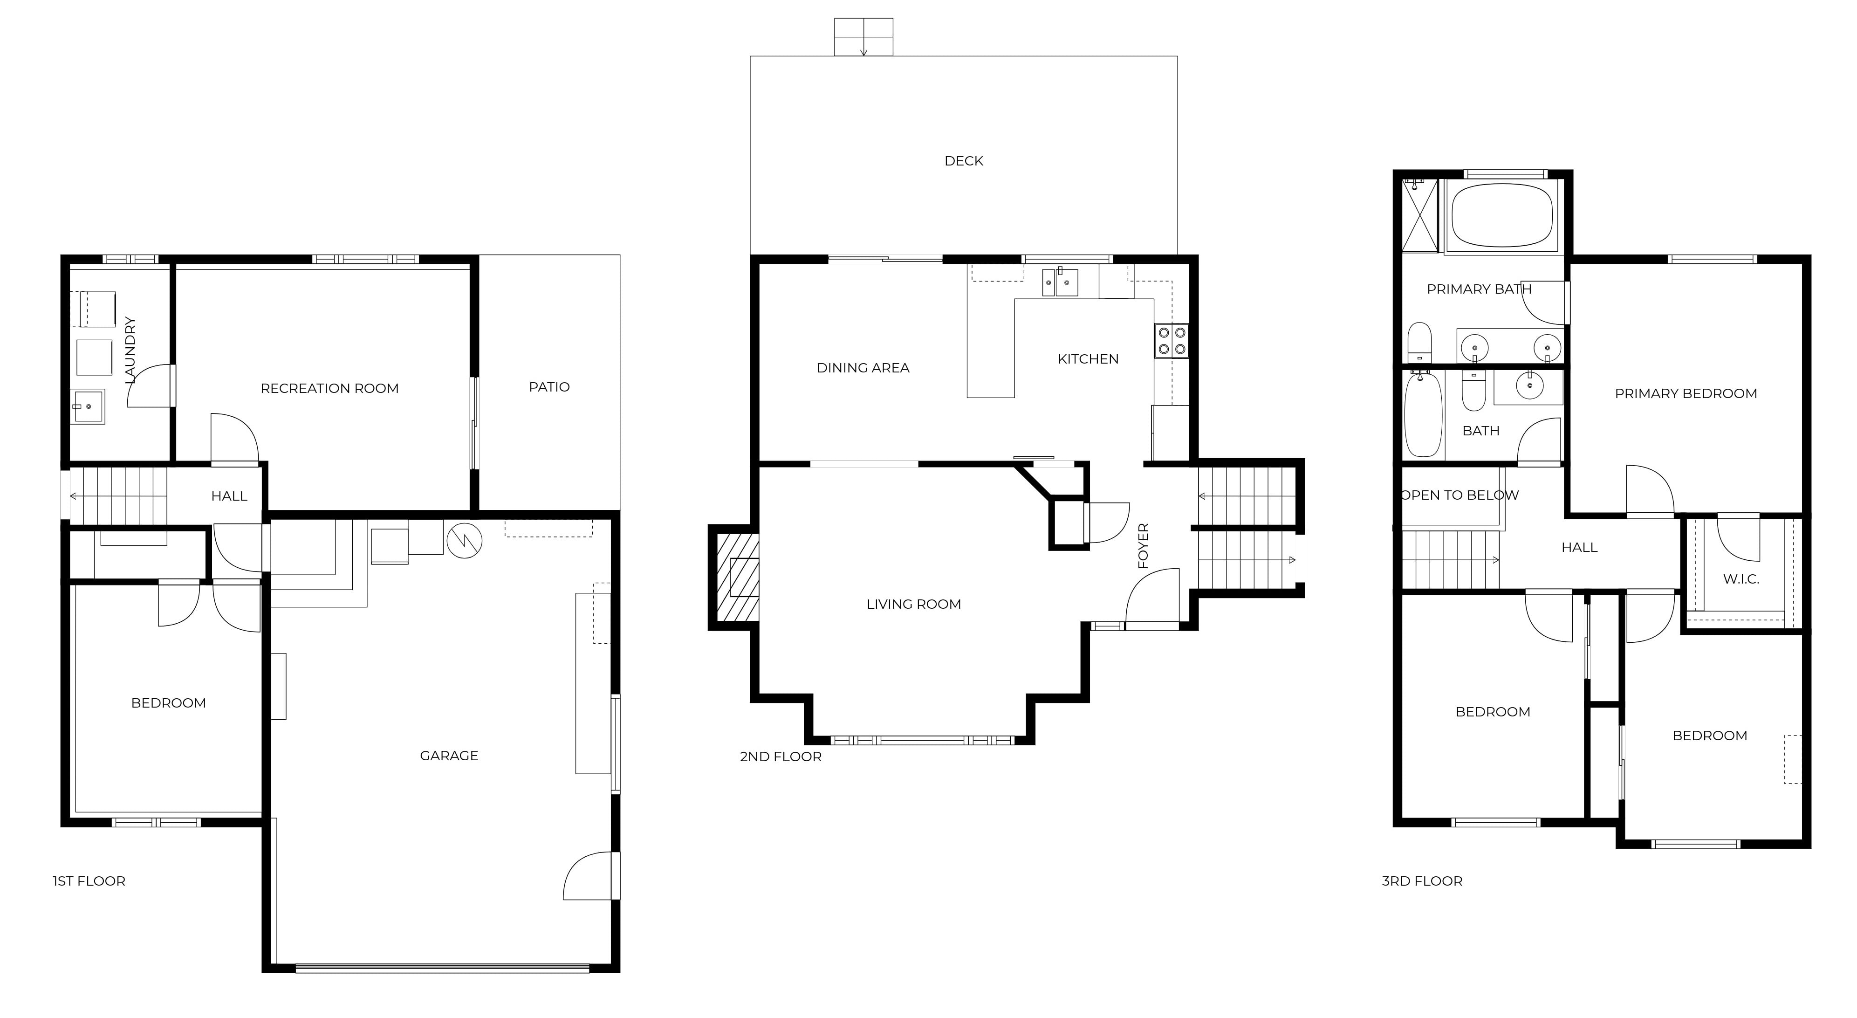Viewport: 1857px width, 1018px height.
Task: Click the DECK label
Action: (x=963, y=161)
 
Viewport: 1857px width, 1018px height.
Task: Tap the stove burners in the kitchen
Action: (x=1172, y=341)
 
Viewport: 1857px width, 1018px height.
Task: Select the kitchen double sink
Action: (x=1060, y=282)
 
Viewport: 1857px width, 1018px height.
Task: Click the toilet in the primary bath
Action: (x=1418, y=343)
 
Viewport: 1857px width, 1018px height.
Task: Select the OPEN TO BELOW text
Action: (x=1460, y=495)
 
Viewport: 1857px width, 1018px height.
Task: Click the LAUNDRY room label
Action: (x=130, y=350)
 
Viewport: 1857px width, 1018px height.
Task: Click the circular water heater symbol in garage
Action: (x=464, y=540)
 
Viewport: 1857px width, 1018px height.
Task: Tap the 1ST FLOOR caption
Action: (x=89, y=881)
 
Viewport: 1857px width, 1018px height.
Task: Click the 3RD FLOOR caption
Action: (x=1422, y=881)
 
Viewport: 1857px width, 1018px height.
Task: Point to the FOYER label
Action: (x=1143, y=546)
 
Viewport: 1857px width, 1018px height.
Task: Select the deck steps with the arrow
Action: (x=863, y=37)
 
